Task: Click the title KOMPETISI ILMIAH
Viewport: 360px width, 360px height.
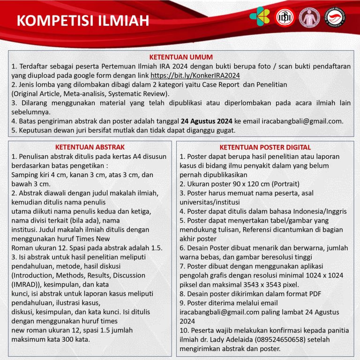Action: tap(82, 21)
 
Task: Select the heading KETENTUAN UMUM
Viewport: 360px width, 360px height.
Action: tap(180, 57)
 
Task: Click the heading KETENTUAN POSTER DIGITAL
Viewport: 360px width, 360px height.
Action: tap(265, 147)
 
